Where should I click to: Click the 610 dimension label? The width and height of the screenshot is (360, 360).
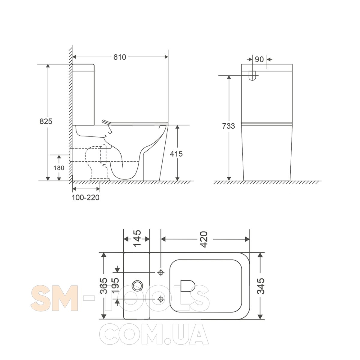(x=120, y=57)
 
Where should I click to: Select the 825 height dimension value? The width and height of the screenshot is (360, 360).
(x=46, y=121)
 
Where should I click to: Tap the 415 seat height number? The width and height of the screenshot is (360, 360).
(x=176, y=154)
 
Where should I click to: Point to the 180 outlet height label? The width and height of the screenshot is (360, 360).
(x=59, y=168)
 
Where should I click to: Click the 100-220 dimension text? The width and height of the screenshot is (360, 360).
(x=85, y=197)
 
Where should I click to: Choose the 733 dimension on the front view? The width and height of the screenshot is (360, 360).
(x=229, y=126)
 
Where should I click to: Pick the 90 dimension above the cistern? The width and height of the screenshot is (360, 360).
(x=259, y=59)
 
